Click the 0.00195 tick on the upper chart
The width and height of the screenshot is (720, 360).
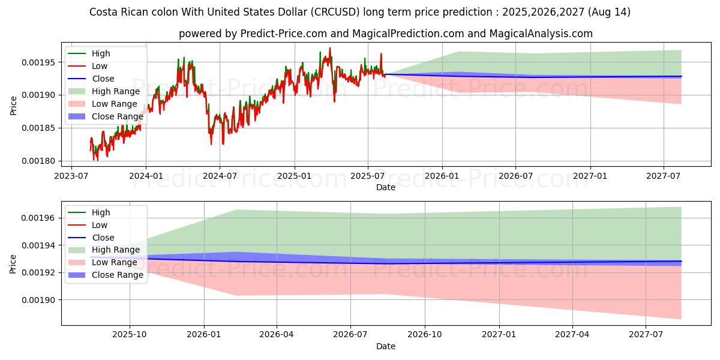click(x=38, y=62)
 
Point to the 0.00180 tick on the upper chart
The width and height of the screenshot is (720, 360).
click(x=38, y=161)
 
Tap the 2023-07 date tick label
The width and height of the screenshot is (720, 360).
click(x=71, y=175)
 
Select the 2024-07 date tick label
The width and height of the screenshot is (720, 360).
click(x=219, y=175)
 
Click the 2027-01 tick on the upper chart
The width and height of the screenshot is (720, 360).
click(x=590, y=175)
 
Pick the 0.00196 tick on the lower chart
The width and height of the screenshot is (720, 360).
click(x=38, y=218)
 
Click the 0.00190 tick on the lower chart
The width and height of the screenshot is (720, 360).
click(x=38, y=300)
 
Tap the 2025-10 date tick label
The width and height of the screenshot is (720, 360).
click(x=130, y=334)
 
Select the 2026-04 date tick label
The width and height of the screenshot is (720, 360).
click(x=277, y=334)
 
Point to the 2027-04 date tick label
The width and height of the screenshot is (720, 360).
click(x=572, y=334)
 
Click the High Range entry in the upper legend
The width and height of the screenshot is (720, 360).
click(x=115, y=91)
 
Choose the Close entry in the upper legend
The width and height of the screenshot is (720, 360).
click(x=103, y=79)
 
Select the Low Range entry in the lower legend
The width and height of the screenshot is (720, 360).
click(x=114, y=262)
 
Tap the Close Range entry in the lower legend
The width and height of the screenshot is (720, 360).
click(x=117, y=275)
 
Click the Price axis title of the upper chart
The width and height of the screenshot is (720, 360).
click(x=14, y=106)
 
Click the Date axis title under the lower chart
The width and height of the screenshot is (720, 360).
click(x=385, y=346)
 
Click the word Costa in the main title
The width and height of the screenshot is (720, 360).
click(x=103, y=12)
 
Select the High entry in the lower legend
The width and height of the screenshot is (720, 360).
click(x=101, y=212)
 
